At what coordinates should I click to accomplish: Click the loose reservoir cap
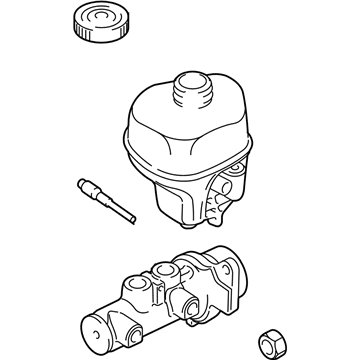click(98, 23)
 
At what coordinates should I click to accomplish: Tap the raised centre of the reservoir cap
click(98, 19)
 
